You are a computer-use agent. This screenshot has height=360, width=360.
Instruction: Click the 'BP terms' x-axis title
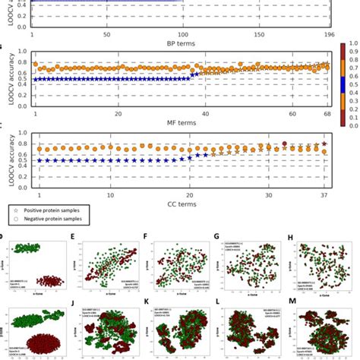pyautogui.click(x=180, y=44)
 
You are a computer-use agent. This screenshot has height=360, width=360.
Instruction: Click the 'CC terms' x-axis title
pyautogui.click(x=180, y=204)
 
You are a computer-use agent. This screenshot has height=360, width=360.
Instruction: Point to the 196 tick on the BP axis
pyautogui.click(x=328, y=34)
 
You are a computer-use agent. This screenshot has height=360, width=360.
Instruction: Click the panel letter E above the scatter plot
pyautogui.click(x=72, y=237)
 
